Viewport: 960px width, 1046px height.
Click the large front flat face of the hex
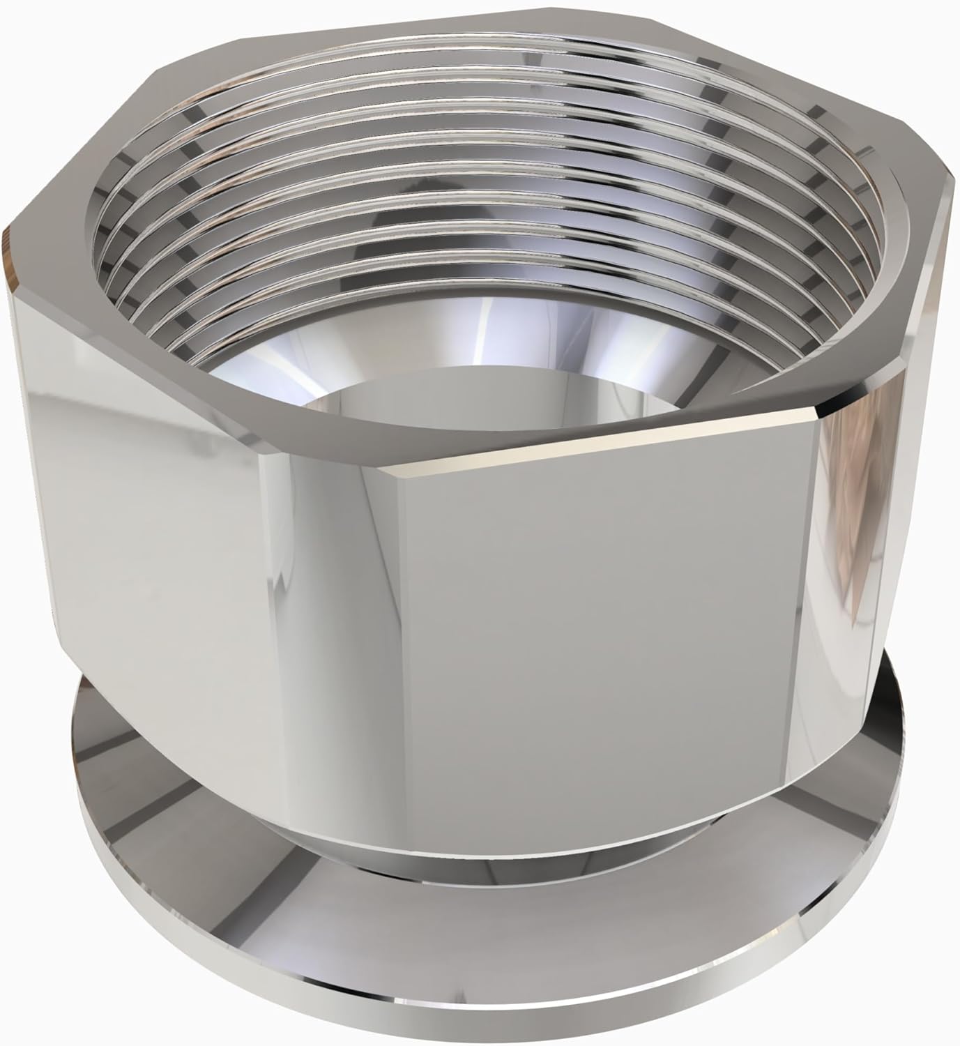627,628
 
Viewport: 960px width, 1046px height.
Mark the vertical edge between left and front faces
380,628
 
